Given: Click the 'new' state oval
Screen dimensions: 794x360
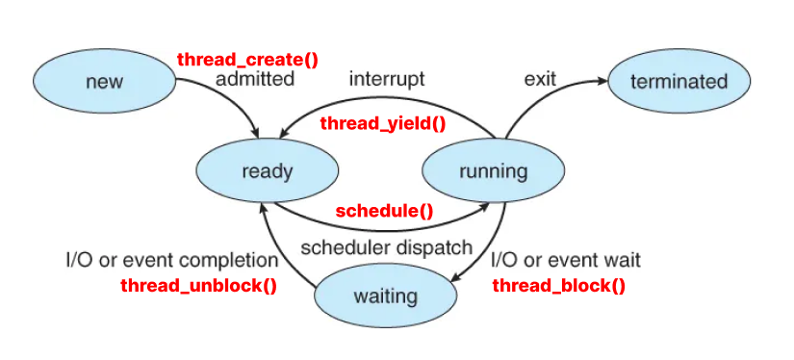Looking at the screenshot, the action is (104, 81).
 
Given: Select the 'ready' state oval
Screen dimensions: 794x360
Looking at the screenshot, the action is (267, 171).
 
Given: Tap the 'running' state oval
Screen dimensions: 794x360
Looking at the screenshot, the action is (493, 171).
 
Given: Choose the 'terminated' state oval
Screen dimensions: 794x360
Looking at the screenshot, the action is (679, 81).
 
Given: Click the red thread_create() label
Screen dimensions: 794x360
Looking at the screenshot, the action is (247, 60).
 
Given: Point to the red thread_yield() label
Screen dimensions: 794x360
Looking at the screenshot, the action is (383, 123).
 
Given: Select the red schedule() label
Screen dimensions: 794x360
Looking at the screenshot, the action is (384, 211).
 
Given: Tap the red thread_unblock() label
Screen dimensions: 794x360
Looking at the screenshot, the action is (198, 286).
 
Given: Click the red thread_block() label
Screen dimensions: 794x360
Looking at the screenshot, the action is (559, 286).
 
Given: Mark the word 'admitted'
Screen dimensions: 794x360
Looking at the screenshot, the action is (255, 79).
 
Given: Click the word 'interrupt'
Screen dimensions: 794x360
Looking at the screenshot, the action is (387, 79).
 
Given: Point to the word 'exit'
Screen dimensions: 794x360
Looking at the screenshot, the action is (540, 79).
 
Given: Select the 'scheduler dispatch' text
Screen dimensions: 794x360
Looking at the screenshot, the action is (386, 247).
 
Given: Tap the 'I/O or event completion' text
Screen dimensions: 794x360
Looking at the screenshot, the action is (172, 260).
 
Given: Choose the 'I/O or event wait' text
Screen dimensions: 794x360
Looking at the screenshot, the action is (566, 260).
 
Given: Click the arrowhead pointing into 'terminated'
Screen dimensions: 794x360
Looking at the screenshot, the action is (602, 81).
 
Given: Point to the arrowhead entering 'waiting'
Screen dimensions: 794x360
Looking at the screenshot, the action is (455, 278).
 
